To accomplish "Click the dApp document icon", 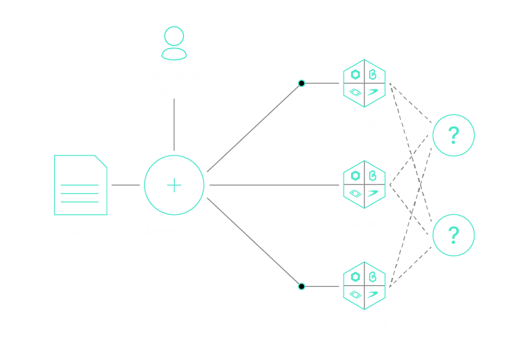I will coord(80,185).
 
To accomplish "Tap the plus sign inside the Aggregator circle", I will coord(174,185).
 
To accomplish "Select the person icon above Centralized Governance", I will coord(174,43).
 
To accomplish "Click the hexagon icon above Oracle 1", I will coord(364,83).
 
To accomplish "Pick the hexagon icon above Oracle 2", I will coord(364,185).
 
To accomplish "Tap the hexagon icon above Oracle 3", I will coord(364,286).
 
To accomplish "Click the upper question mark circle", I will coord(454,136).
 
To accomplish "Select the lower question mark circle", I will coord(454,235).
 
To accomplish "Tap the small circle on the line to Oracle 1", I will coord(301,83).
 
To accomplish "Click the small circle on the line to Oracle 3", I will coord(301,286).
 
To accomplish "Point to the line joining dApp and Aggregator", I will coord(126,185).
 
